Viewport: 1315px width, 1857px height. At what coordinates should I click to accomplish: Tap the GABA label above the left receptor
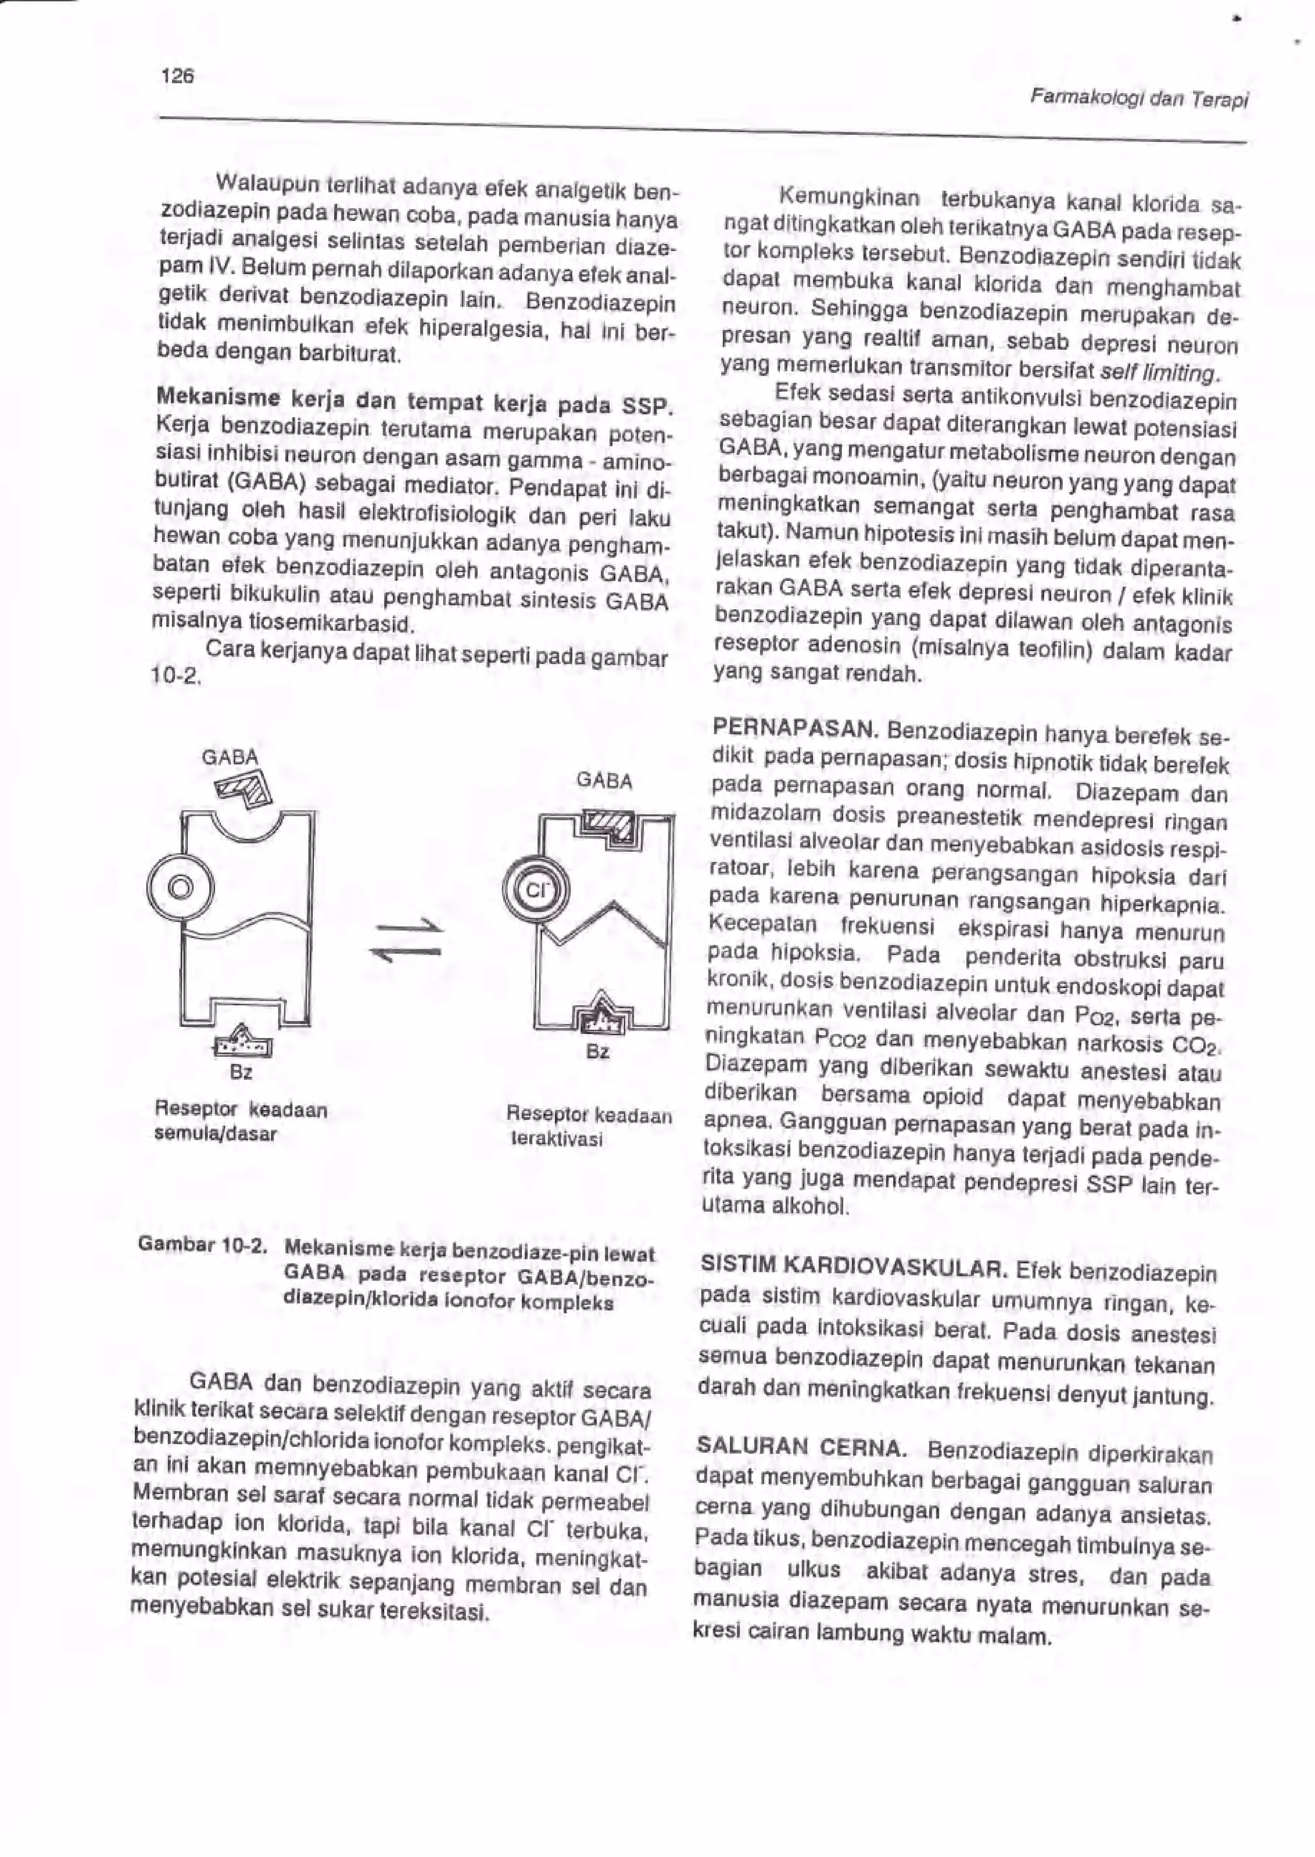tap(229, 757)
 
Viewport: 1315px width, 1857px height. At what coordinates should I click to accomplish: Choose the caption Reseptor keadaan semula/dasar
tap(241, 1121)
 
